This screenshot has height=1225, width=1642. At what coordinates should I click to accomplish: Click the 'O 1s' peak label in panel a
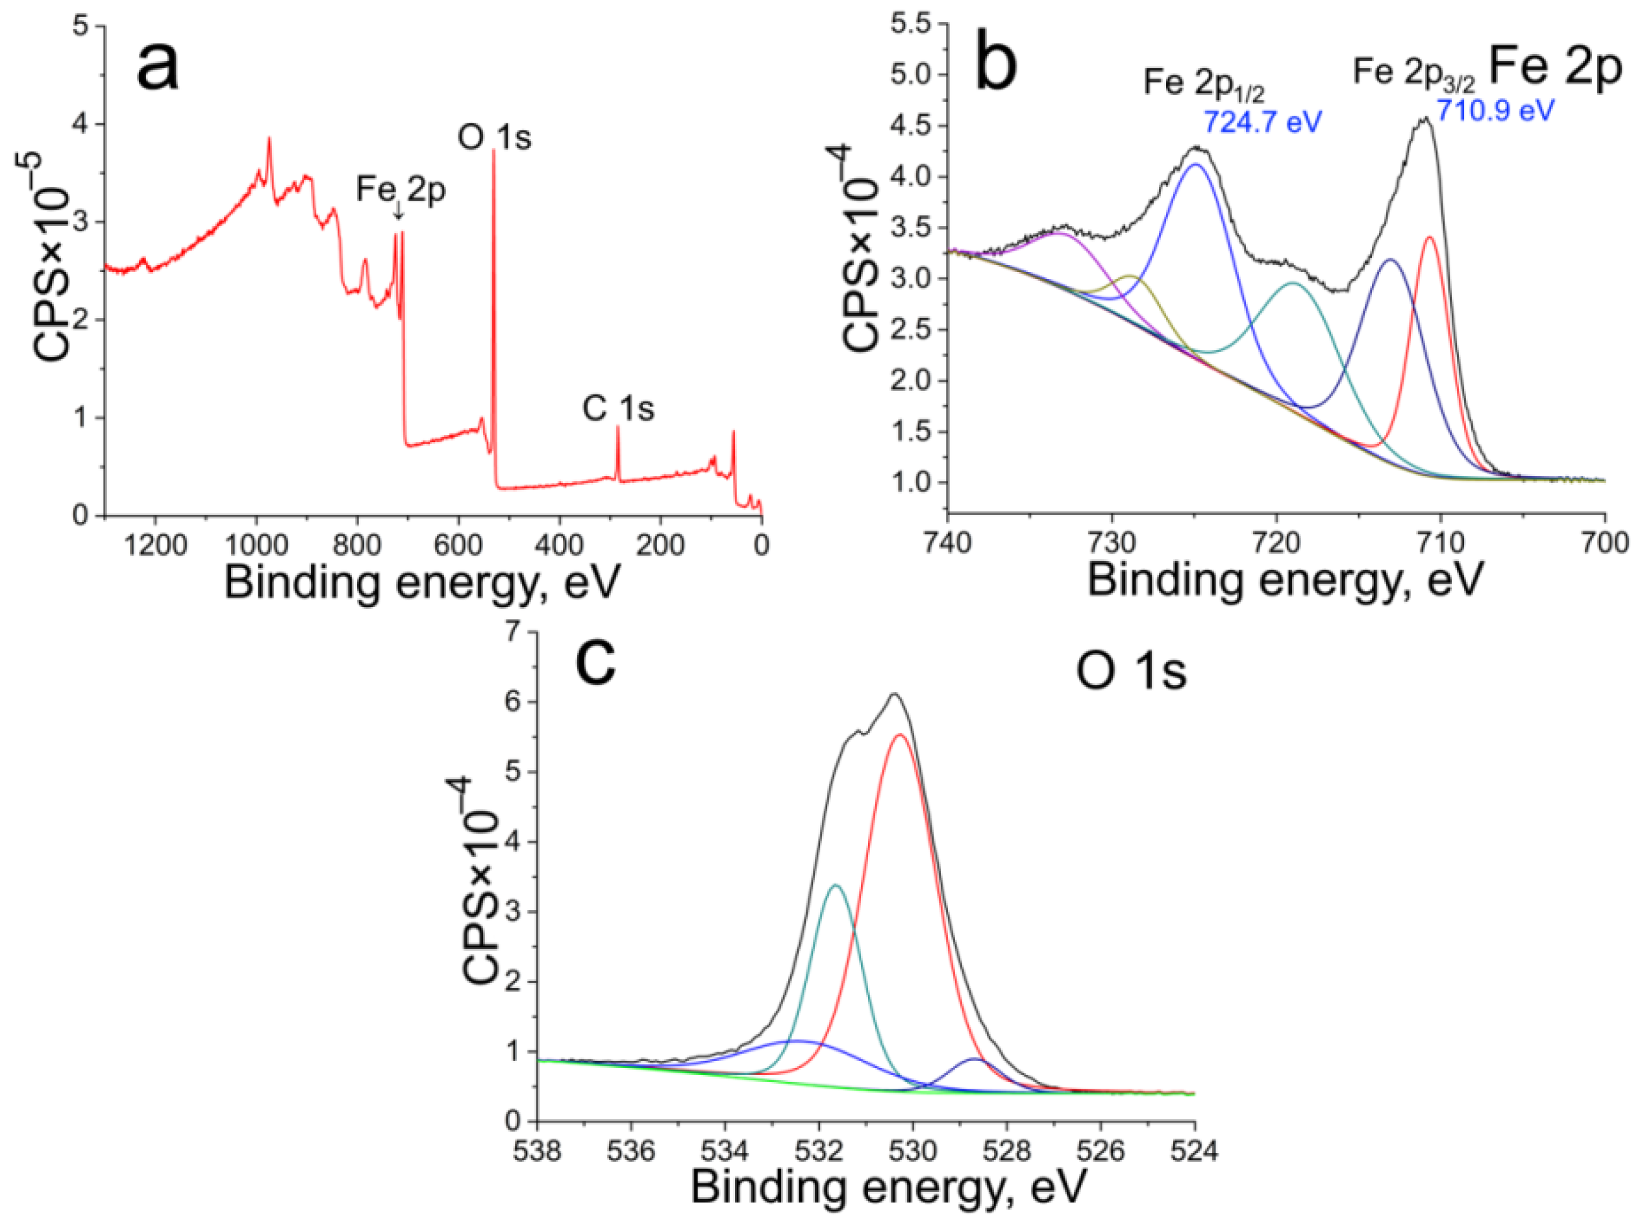(x=495, y=137)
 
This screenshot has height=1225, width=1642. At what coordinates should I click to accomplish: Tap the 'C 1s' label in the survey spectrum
(x=618, y=408)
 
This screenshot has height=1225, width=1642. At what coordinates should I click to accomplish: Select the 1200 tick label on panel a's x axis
(x=155, y=545)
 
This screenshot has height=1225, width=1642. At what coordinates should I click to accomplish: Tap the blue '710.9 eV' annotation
(x=1495, y=111)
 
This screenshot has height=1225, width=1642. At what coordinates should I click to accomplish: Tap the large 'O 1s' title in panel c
(x=1131, y=672)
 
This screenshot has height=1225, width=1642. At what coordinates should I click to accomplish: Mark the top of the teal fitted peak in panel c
(x=836, y=885)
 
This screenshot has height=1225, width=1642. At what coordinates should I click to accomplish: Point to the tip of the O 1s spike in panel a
(x=493, y=151)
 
